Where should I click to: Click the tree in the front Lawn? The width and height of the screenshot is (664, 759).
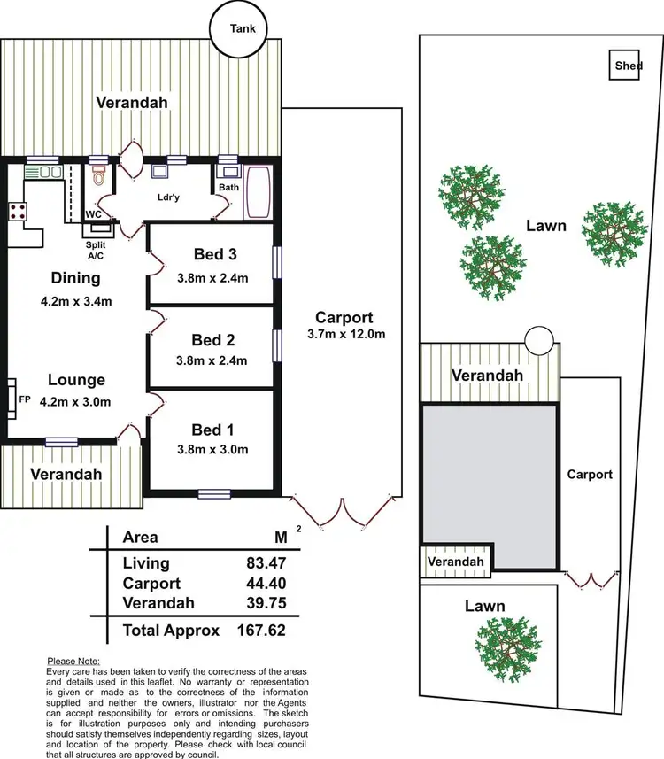click(506, 646)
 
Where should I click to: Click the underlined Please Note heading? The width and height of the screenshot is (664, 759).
click(73, 662)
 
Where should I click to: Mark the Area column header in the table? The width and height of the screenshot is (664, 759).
click(140, 537)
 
